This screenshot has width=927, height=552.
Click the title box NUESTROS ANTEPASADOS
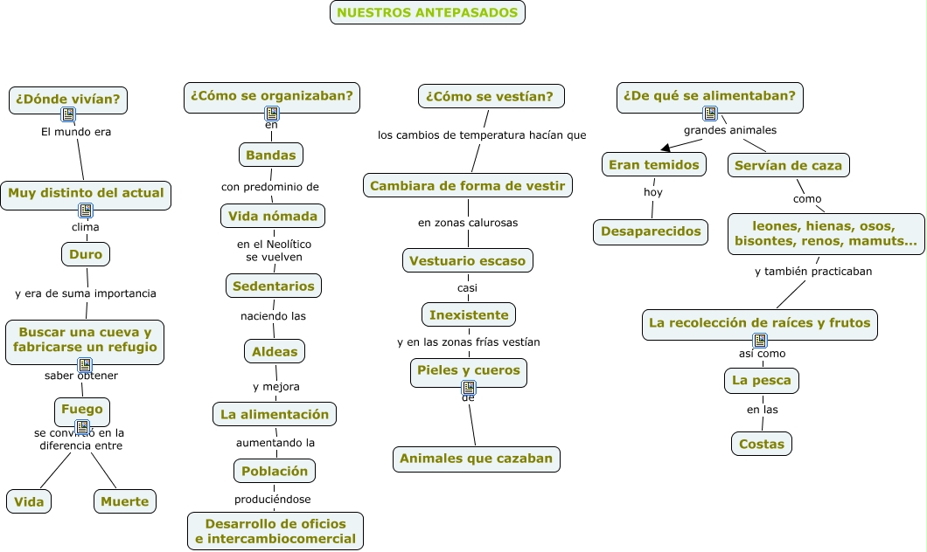tap(428, 12)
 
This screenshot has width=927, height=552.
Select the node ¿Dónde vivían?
tap(68, 100)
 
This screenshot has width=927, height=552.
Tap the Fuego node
tap(82, 409)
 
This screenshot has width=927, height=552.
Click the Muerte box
tap(125, 501)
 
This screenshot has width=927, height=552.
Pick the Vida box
tap(29, 501)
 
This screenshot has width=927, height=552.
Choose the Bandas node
tap(271, 155)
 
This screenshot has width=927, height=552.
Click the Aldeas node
tap(275, 352)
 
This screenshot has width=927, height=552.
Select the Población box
tap(275, 471)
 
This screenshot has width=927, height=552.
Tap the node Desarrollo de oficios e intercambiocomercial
tap(275, 531)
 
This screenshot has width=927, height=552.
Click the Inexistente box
tap(469, 314)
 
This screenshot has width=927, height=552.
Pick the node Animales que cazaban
tap(476, 459)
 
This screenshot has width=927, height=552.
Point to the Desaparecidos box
tap(651, 231)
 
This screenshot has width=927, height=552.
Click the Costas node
tap(762, 444)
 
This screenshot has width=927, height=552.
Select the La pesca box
tap(763, 380)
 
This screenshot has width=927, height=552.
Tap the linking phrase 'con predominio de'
tap(270, 186)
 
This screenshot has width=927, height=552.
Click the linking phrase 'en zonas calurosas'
tap(468, 223)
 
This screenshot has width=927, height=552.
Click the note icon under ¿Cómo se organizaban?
tap(272, 114)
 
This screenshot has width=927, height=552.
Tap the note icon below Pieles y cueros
tap(469, 387)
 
